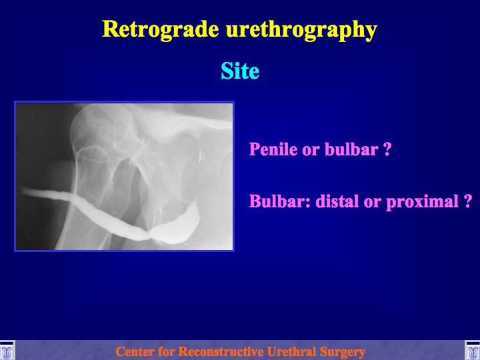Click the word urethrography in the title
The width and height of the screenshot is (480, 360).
click(x=301, y=31)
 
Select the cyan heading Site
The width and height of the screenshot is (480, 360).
click(x=240, y=71)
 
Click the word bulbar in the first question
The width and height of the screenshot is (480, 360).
click(x=351, y=149)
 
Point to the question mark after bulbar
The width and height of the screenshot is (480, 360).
click(x=387, y=149)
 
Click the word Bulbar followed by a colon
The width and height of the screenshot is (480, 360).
click(x=280, y=201)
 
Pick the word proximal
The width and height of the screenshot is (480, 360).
click(x=422, y=202)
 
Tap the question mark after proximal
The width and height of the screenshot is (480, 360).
click(x=467, y=201)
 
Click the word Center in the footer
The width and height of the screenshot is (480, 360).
click(x=134, y=351)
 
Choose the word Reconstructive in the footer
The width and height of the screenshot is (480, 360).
click(x=221, y=351)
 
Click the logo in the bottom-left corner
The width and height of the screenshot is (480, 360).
click(x=7, y=351)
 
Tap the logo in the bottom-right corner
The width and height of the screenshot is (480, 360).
click(x=473, y=351)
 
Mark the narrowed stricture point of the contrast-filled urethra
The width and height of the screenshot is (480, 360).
click(x=149, y=235)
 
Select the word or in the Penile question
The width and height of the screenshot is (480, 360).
click(x=311, y=150)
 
